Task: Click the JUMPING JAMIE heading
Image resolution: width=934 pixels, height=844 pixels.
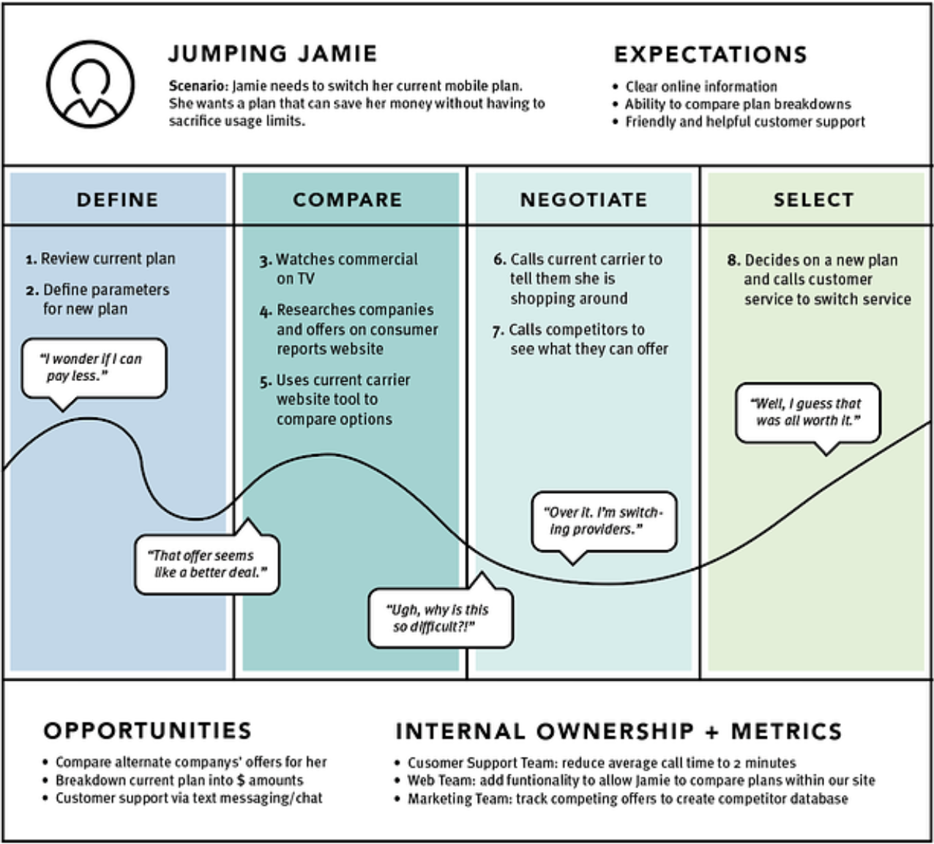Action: point(272,54)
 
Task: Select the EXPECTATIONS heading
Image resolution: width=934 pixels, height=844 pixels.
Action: point(710,55)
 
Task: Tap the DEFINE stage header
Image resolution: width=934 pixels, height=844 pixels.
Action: point(118,200)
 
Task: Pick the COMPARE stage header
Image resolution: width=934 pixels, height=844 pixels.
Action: point(348,200)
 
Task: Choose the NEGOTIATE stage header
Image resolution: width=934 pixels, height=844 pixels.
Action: point(583,200)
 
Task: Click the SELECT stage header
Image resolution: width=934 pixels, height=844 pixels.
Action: point(813,200)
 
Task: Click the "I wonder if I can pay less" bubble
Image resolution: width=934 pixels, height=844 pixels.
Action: point(93,368)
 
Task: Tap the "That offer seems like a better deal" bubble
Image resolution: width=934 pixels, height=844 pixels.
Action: point(207,564)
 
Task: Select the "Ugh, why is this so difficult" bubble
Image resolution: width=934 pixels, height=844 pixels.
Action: point(440,618)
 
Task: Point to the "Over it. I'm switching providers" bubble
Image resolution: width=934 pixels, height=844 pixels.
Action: point(603,521)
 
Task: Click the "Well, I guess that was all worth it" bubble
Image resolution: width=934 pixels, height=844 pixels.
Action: point(807,412)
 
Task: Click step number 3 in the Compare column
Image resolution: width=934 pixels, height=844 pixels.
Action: point(265,260)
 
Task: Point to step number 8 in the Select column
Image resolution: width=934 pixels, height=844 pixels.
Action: point(733,261)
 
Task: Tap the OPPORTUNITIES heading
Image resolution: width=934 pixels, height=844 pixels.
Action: point(147,730)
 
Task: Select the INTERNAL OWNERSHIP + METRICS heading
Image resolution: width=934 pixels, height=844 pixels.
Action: point(619,731)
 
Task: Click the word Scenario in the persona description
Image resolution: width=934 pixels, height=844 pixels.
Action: point(198,86)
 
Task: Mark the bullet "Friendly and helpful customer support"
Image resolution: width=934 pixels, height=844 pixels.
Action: point(744,122)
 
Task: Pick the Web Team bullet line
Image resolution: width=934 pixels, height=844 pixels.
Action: point(640,780)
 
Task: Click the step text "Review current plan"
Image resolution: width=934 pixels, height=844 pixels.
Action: point(108,259)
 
